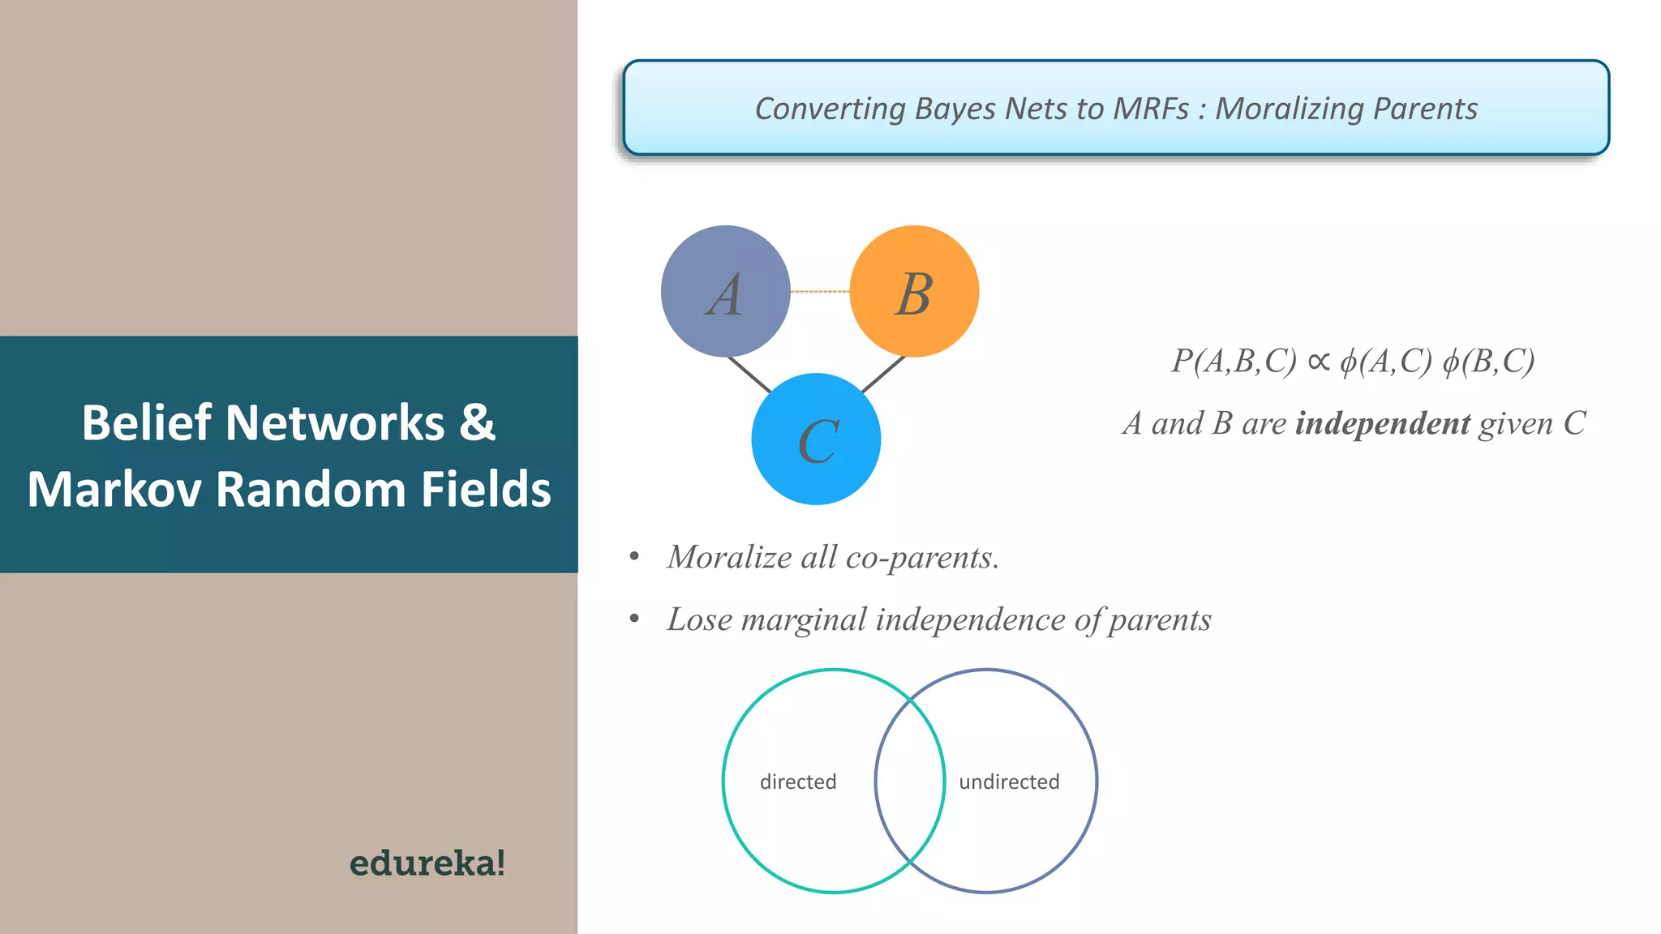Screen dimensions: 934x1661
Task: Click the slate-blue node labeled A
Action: (725, 291)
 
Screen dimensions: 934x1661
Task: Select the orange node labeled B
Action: (914, 291)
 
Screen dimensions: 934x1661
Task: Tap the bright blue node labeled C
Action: (816, 439)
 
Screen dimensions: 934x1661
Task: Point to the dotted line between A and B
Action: (820, 291)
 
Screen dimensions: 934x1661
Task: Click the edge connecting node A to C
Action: (749, 375)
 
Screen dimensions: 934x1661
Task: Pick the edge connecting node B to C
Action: (883, 375)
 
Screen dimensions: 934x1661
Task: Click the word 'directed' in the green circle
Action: (798, 782)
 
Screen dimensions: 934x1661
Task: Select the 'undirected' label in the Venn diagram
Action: (1009, 782)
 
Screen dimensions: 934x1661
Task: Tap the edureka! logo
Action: (427, 863)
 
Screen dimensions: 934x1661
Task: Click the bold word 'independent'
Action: (1383, 423)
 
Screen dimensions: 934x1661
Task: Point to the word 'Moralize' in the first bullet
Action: (729, 557)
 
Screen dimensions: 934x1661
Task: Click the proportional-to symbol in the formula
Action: (1320, 362)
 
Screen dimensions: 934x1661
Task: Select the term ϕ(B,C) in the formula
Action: (1488, 362)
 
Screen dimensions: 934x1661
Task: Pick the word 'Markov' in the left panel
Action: (114, 490)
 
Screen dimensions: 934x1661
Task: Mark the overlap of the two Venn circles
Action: (910, 781)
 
